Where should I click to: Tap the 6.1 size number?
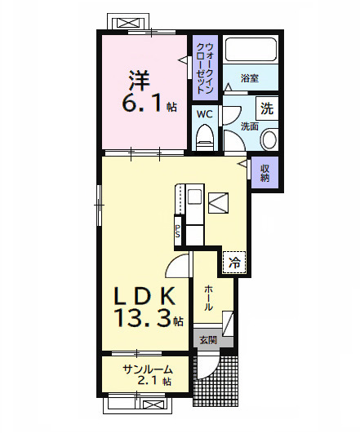point(144,104)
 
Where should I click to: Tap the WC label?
point(204,113)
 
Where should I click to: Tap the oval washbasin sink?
point(269,140)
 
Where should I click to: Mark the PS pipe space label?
point(178,232)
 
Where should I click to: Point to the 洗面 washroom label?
point(249,126)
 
